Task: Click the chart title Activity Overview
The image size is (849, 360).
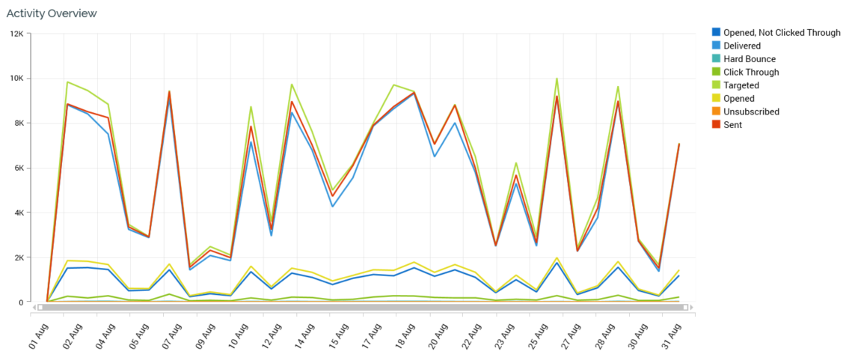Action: (x=52, y=13)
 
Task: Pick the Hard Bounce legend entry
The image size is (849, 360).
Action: (x=749, y=59)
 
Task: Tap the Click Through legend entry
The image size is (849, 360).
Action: (x=750, y=73)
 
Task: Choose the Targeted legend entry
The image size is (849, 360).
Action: (x=741, y=85)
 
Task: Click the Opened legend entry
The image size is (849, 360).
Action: (x=738, y=99)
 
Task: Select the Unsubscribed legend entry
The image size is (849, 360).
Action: (x=751, y=112)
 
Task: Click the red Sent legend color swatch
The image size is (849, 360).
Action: (x=716, y=125)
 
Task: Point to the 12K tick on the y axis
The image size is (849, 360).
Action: (x=16, y=34)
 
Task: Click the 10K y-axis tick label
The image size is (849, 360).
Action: (x=16, y=79)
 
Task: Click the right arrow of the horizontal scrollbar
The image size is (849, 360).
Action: (x=693, y=307)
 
